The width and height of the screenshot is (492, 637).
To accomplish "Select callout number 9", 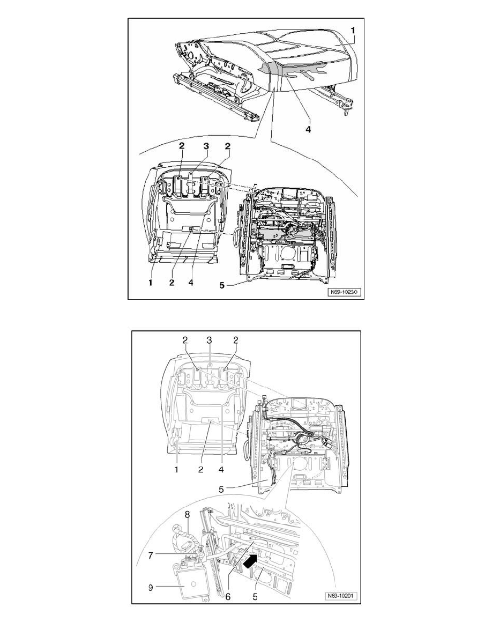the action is [151, 588].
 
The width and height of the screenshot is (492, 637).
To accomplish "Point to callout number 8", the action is [187, 515].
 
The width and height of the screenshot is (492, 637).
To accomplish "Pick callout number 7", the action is [151, 555].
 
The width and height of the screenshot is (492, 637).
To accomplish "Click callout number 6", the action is [228, 597].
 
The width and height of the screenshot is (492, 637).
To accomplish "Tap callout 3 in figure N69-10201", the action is [209, 340].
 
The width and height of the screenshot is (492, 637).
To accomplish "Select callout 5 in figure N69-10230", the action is [222, 286].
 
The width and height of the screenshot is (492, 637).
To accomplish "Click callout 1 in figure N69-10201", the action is [176, 470].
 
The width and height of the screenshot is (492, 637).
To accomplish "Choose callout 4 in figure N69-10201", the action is [221, 470].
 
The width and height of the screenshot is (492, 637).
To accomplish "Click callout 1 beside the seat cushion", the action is [353, 30].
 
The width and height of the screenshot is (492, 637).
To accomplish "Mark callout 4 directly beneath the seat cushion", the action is [308, 129].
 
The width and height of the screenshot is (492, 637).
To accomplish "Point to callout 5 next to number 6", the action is [255, 597].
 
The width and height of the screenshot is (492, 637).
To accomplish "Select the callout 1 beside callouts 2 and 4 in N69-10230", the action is [150, 283].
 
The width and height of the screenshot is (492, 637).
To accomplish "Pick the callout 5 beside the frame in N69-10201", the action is [221, 490].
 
